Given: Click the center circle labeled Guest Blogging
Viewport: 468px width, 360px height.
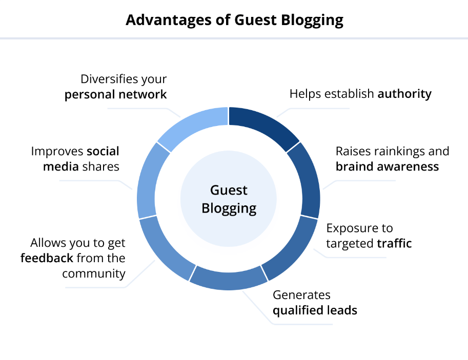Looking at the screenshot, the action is [x=229, y=199].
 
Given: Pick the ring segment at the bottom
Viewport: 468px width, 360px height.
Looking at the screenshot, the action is [x=229, y=280].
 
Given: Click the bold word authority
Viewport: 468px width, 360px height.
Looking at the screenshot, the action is [x=404, y=94].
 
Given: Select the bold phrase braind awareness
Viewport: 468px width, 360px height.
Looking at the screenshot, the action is [x=387, y=166].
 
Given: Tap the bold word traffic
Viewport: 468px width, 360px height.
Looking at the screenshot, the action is [x=394, y=243].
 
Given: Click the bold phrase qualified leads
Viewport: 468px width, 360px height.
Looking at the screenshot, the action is [x=315, y=311].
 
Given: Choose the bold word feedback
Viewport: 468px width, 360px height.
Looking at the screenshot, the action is [x=47, y=258].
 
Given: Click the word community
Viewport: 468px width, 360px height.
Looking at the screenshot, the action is [x=94, y=274].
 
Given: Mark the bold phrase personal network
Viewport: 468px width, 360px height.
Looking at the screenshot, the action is [x=115, y=95].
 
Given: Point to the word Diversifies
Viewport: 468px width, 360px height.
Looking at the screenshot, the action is [x=109, y=79].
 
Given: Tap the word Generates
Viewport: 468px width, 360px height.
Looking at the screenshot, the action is [x=301, y=295].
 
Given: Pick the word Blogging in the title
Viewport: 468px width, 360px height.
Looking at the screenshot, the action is [x=312, y=20].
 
